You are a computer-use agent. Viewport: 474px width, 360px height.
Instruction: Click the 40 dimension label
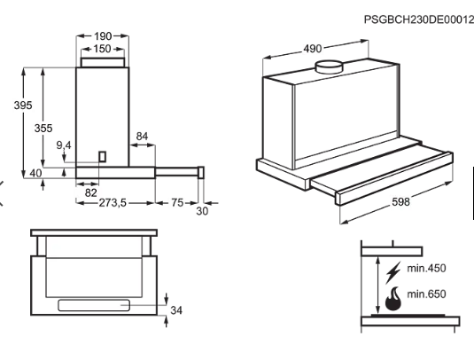(35, 173)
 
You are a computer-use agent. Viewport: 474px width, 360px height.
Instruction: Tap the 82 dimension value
(90, 192)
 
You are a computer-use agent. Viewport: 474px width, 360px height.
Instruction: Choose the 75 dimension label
(177, 203)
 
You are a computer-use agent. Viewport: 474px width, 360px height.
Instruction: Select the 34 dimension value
(176, 310)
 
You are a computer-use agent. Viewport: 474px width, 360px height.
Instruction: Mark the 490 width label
(312, 49)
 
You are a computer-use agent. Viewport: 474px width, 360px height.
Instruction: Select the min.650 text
(426, 293)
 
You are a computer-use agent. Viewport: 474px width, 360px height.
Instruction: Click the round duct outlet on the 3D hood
(331, 66)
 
